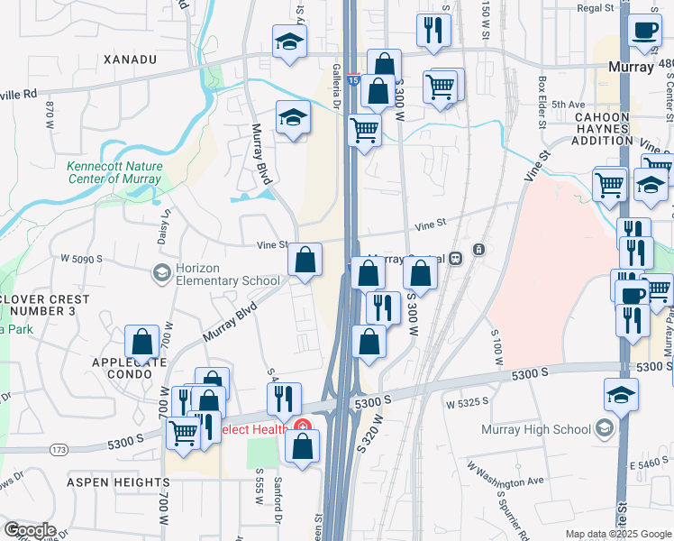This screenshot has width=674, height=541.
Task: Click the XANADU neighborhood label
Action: [131, 60]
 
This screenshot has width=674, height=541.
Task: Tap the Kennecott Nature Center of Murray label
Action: [114, 172]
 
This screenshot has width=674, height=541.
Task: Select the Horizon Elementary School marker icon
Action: [162, 272]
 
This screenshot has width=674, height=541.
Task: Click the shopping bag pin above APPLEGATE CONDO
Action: [142, 343]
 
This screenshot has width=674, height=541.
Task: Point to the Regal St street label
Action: [601, 7]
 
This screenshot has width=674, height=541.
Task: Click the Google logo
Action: [29, 530]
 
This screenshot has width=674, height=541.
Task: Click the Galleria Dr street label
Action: [337, 87]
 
